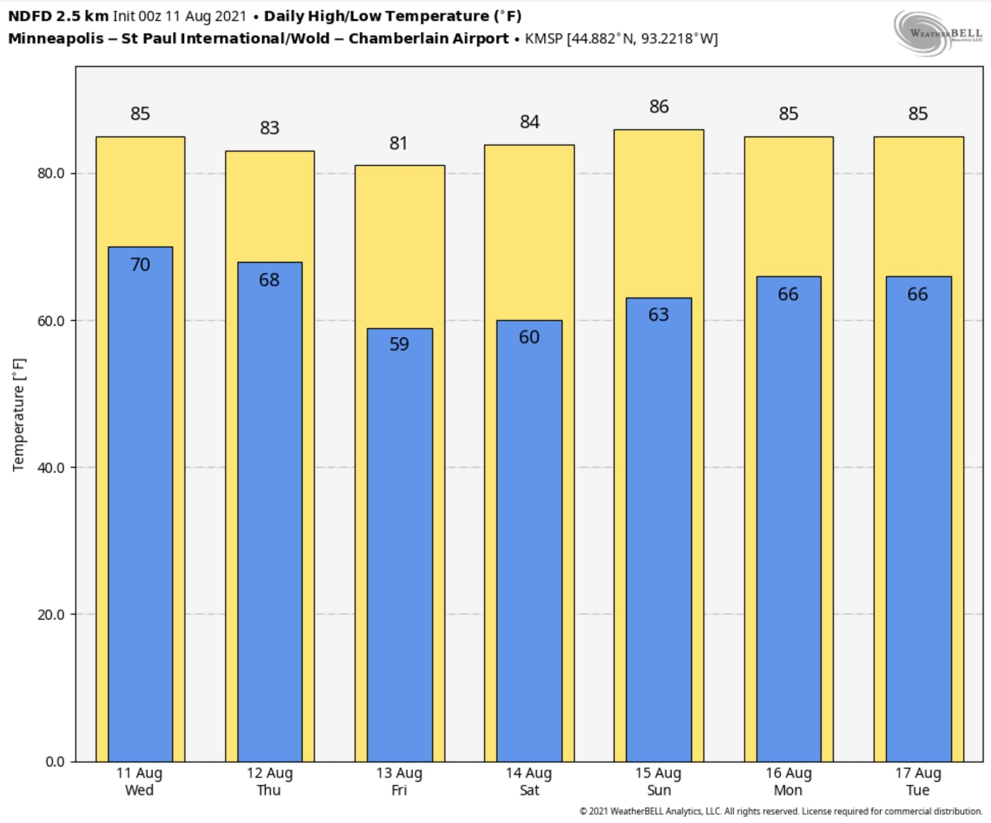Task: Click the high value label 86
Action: [x=659, y=106]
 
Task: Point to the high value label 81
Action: [x=399, y=144]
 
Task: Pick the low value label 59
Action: [x=399, y=345]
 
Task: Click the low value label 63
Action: [x=658, y=315]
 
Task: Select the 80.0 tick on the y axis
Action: [x=51, y=174]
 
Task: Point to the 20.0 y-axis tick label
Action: [x=51, y=614]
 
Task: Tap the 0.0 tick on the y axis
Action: [x=55, y=762]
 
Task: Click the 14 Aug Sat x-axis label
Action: [x=529, y=781]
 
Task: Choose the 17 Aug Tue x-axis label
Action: [x=918, y=781]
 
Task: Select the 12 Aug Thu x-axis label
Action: [x=269, y=781]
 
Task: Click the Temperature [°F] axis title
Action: [x=19, y=415]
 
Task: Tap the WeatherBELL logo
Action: [x=937, y=33]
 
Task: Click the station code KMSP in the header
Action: [x=544, y=39]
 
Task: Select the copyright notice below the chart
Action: [x=780, y=811]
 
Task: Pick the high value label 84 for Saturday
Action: [x=529, y=122]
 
